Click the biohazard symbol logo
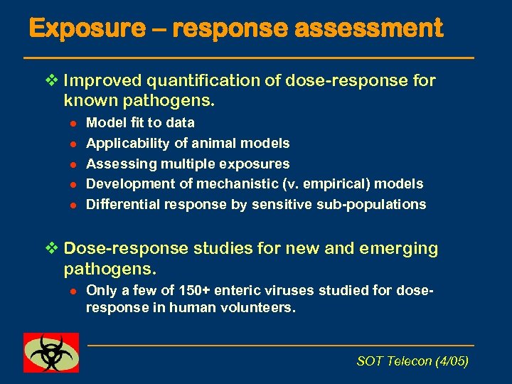(x=51, y=352)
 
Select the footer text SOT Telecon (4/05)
(x=412, y=361)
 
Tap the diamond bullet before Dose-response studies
(x=48, y=249)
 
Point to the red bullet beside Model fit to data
(x=72, y=123)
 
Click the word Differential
(x=122, y=205)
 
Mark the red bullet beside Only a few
(x=72, y=291)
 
